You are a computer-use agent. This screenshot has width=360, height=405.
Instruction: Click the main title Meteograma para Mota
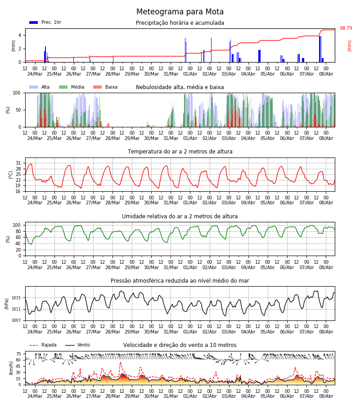coord(180,12)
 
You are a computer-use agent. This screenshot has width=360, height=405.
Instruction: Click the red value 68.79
coord(346,28)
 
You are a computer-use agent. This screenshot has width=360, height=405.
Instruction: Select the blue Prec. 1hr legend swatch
coord(34,22)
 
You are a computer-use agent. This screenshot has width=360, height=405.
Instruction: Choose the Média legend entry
coord(72,87)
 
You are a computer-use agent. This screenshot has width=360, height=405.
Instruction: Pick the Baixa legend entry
coord(105,87)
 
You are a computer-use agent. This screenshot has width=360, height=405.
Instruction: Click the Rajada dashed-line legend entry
coord(43,345)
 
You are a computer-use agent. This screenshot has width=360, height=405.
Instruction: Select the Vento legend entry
coord(77,345)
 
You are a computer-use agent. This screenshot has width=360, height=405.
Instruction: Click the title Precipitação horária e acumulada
coord(180,23)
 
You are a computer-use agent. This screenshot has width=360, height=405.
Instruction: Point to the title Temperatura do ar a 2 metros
coord(180,151)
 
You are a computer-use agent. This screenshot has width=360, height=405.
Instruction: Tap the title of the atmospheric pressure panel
coord(180,280)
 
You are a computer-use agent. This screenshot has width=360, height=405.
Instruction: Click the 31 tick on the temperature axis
coord(18,163)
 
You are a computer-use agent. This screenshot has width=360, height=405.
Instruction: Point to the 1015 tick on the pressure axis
coord(16,298)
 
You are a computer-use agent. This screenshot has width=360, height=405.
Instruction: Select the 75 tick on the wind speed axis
coord(18,354)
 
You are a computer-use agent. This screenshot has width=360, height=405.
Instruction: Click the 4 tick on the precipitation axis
coord(20,35)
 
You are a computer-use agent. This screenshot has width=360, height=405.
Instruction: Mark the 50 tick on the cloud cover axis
coord(18,110)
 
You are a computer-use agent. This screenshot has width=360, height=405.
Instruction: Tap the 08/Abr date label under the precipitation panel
coord(326,74)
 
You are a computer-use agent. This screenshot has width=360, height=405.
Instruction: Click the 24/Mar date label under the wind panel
coord(35,396)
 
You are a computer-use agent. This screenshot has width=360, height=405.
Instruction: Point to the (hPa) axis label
coord(7,303)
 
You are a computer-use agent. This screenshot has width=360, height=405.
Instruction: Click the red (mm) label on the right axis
coord(349,46)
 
